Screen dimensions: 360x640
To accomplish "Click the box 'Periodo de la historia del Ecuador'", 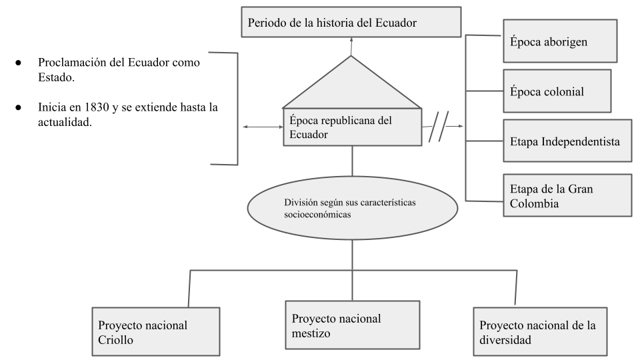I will [x=351, y=23].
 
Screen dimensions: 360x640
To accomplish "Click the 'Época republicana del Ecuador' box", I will [x=352, y=127].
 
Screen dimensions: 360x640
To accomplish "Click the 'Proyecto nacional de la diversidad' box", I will [x=539, y=332].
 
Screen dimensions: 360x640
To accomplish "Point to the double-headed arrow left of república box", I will [x=264, y=126].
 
